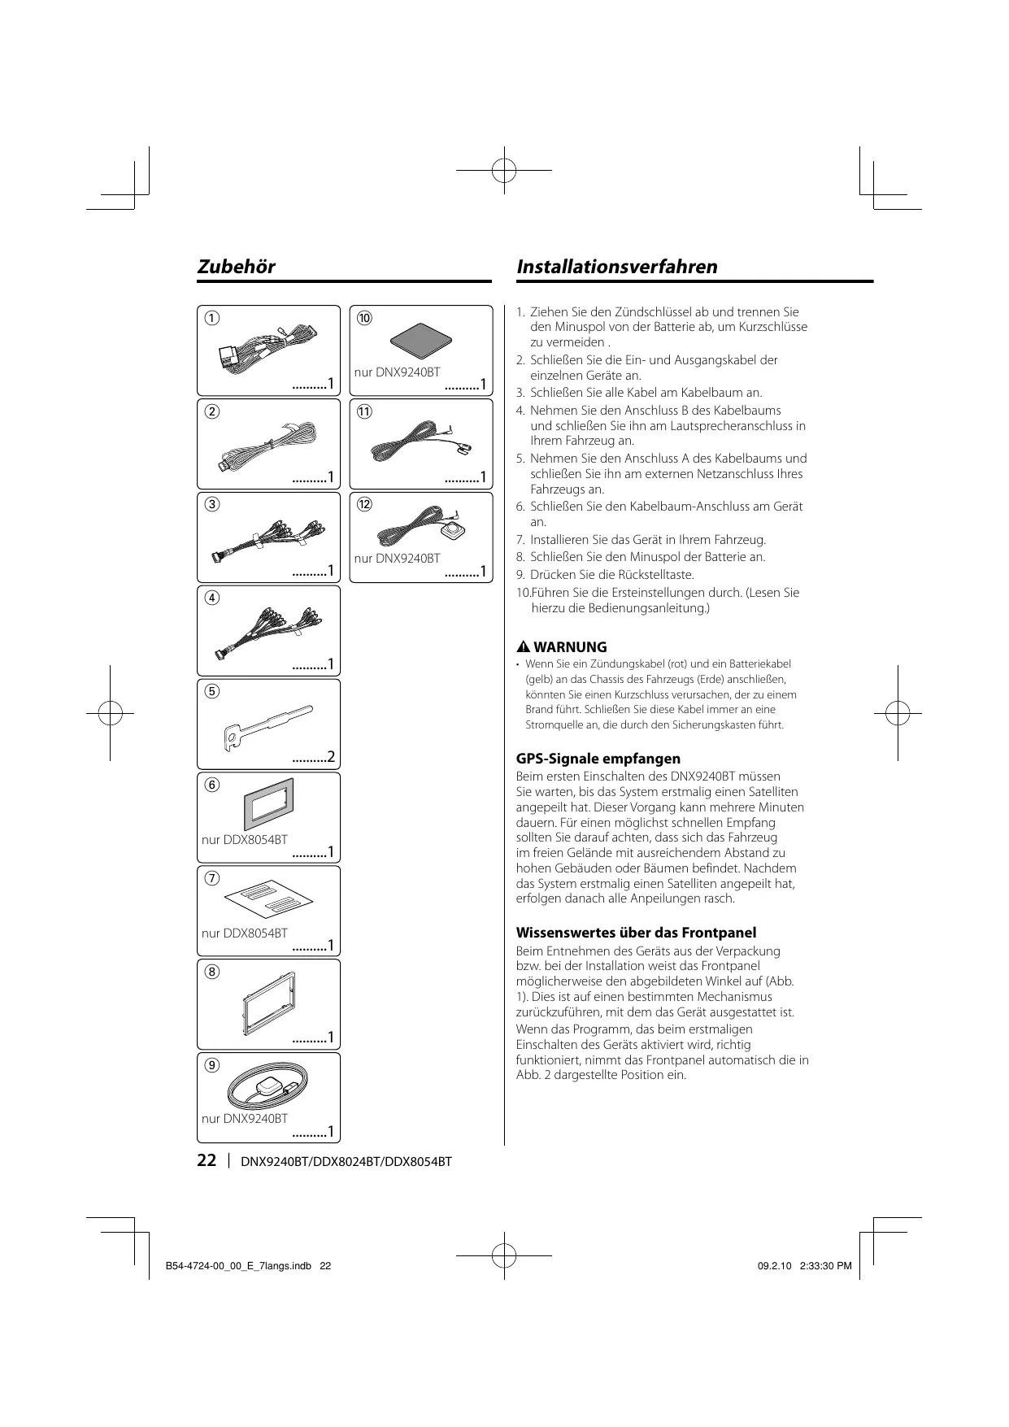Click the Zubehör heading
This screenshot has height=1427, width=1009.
point(237,267)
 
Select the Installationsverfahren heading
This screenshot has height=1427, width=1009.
point(617,267)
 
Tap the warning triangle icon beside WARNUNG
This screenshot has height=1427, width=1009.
point(524,647)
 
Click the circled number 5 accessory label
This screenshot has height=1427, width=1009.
point(211,691)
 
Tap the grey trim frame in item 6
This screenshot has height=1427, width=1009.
point(268,804)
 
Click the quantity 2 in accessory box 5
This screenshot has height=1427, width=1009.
point(331,759)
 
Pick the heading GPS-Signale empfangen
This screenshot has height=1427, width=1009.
point(598,759)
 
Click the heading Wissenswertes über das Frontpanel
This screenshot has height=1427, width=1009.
point(636,933)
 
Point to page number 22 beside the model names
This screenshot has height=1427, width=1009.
point(207,1160)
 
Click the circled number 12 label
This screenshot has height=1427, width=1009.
point(364,504)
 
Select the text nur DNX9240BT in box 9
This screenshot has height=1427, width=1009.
point(245,1118)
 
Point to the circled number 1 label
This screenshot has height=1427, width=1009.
point(211,318)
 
